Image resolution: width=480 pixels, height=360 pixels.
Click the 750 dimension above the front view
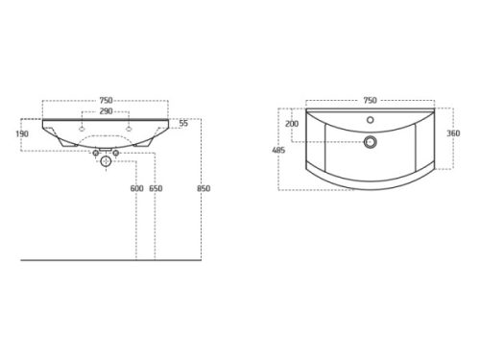click(x=106, y=101)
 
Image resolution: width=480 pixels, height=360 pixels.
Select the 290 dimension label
click(x=106, y=111)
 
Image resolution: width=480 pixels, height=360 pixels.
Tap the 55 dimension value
click(x=183, y=123)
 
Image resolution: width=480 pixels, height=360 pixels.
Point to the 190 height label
click(x=22, y=133)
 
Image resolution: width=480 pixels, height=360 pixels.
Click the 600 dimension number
click(x=136, y=188)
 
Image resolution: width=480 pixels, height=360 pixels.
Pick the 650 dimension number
click(x=156, y=188)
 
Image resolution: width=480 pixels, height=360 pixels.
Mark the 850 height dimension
click(x=204, y=188)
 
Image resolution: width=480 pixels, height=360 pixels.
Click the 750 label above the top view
click(x=370, y=101)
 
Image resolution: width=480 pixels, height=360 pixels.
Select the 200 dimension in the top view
click(x=292, y=124)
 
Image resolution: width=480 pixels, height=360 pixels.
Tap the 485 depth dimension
click(x=278, y=150)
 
